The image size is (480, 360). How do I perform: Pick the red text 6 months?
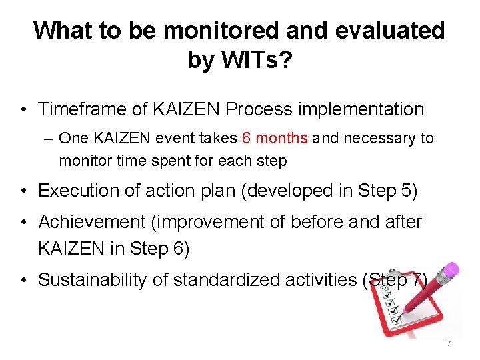[x=275, y=139]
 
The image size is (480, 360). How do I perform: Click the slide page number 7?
[x=449, y=343]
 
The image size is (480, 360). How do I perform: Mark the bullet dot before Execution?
[x=23, y=191]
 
